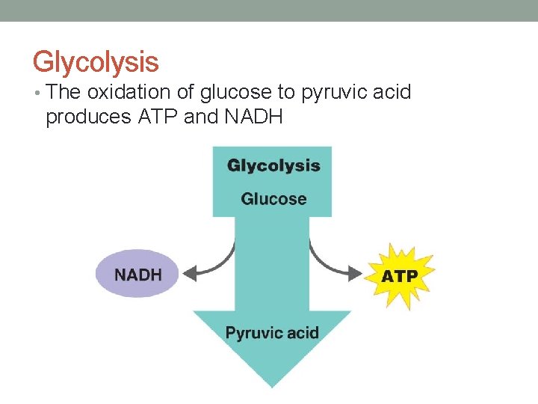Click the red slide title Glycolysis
(x=96, y=61)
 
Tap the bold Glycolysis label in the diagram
(x=273, y=166)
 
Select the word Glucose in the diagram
(x=273, y=199)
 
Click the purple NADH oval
(x=137, y=274)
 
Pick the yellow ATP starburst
(x=401, y=276)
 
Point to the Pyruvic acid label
(x=272, y=333)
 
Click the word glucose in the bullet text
(x=221, y=93)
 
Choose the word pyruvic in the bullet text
(x=330, y=94)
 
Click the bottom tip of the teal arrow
(x=272, y=385)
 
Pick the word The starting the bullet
(x=63, y=93)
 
